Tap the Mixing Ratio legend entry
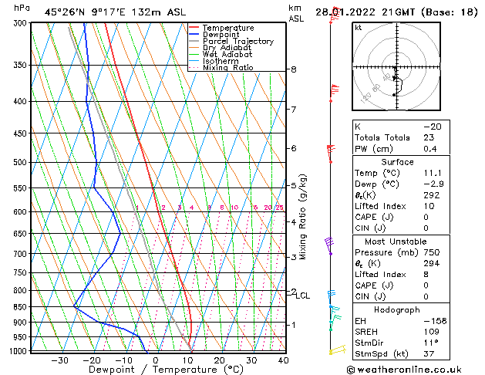point(231,68)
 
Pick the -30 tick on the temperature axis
point(60,360)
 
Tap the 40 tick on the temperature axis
point(284,360)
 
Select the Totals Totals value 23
point(429,137)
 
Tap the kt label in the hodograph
point(358,27)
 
